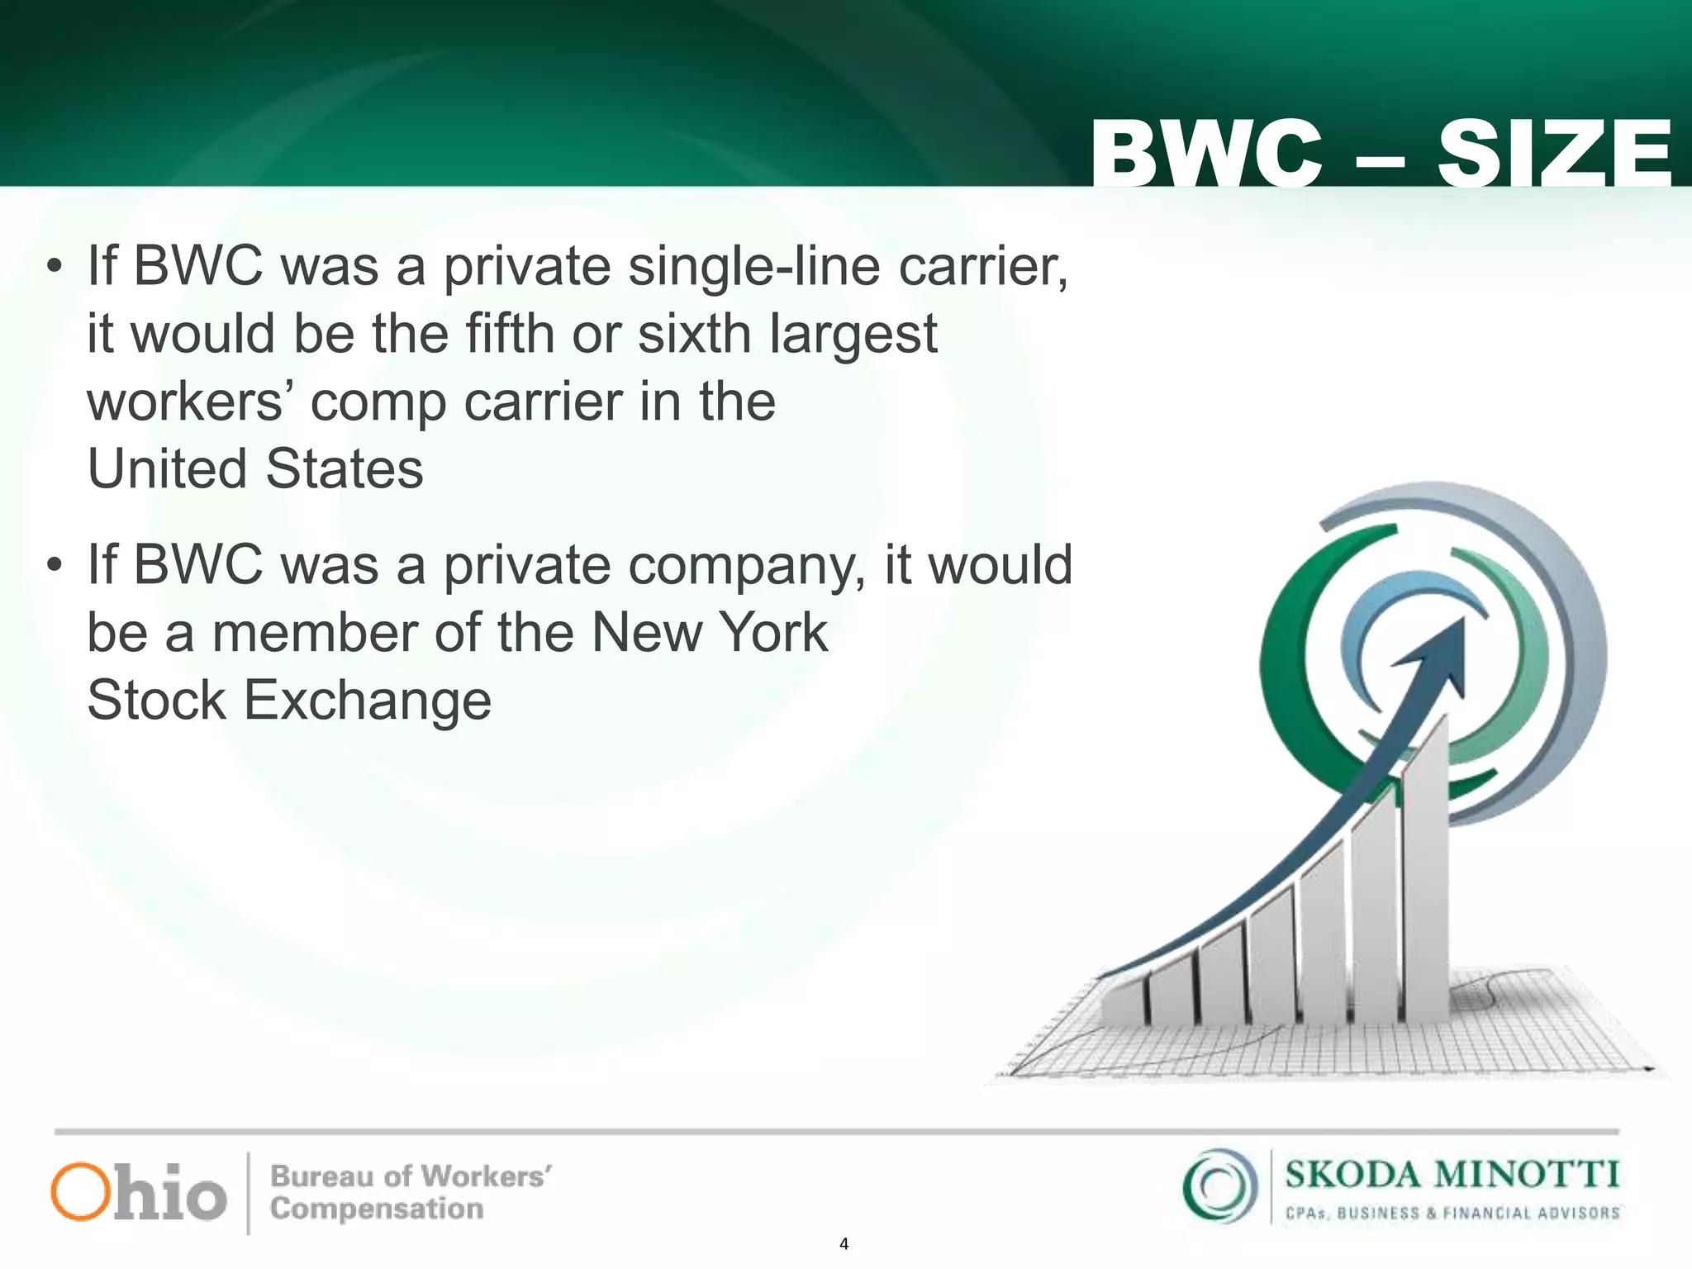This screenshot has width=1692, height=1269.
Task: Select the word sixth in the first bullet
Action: [694, 334]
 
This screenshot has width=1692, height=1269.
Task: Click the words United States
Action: [255, 469]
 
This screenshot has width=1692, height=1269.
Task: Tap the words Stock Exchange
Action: [289, 701]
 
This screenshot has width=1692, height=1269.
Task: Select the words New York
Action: [710, 633]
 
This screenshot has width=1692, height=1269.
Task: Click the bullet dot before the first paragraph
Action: [55, 267]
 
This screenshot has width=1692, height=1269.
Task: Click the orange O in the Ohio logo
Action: [80, 1191]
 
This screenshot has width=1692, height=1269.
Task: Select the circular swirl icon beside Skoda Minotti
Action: [1219, 1186]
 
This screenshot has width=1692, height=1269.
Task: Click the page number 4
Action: [844, 1243]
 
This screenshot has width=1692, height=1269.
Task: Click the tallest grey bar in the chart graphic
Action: [1426, 876]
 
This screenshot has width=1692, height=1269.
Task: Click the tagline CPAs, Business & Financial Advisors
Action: [1452, 1214]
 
